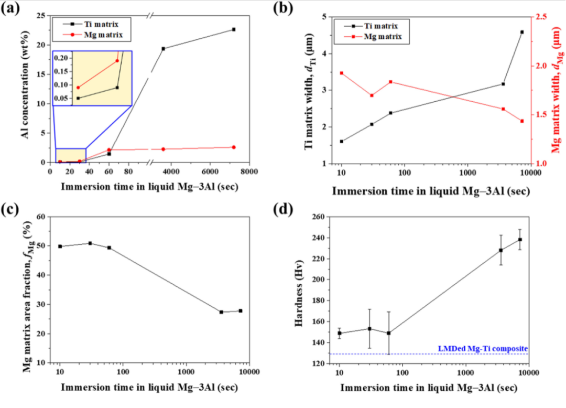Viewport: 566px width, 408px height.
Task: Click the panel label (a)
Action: coord(12,9)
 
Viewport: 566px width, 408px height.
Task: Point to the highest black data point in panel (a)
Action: coord(234,29)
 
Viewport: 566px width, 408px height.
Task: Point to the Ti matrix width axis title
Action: coord(309,90)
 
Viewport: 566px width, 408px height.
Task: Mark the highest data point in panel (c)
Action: coord(90,243)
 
